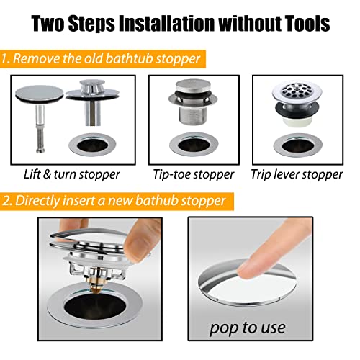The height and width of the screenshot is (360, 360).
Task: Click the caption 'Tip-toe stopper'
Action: [x=193, y=174]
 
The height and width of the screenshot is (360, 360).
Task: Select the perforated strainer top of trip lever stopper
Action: [x=294, y=94]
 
